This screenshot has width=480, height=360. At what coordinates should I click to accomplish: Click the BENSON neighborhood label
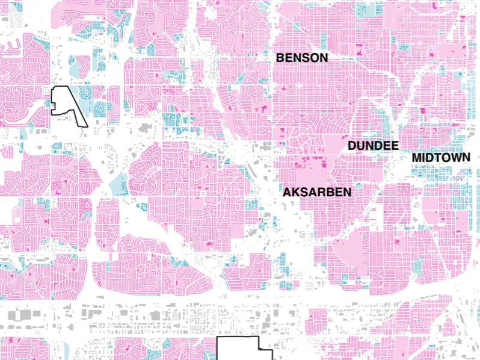pos(302,58)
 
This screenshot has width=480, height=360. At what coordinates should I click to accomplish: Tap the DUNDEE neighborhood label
pos(373,146)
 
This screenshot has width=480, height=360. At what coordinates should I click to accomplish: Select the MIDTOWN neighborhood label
pos(441,158)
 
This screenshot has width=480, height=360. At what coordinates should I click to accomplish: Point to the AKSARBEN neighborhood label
pos(317,192)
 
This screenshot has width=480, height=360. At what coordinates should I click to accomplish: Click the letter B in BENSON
pos(280,58)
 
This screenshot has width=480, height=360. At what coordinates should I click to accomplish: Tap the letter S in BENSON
pos(306,58)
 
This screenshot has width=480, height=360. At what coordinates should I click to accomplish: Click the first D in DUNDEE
pos(352,146)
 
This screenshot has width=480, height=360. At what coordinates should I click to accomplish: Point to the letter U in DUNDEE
pos(360,146)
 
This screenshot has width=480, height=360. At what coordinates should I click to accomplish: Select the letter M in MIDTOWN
pos(416,158)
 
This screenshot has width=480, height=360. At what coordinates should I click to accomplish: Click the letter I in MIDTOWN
pos(423,158)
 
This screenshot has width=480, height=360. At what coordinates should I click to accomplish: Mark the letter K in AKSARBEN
pos(295,192)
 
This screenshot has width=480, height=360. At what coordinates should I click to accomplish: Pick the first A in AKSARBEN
pos(287,192)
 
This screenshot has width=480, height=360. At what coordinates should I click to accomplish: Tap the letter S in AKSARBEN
pos(304,192)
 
